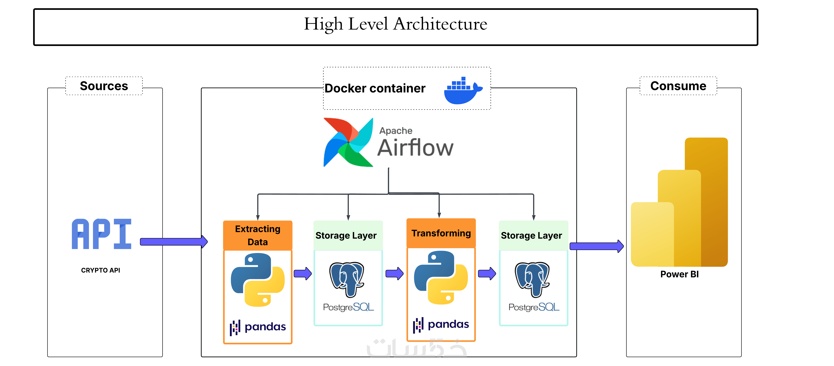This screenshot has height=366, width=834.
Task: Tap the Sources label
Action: coord(104,86)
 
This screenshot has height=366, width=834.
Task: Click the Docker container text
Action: coord(375,88)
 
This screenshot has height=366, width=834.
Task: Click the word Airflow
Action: coord(415,148)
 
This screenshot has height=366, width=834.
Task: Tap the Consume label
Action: coord(678,86)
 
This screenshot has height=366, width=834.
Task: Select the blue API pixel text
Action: coord(101,234)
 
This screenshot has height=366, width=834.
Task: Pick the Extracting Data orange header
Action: coord(258,235)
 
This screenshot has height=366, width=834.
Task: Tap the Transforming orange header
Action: coord(441,233)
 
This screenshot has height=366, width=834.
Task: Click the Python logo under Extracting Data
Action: coord(258,280)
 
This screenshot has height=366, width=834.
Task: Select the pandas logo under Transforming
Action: coord(441,324)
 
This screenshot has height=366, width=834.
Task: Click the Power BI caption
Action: coord(679,274)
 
